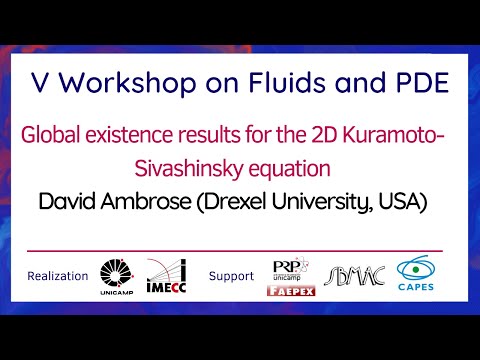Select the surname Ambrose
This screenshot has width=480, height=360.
click(x=147, y=202)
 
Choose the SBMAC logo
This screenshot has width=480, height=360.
click(x=350, y=275)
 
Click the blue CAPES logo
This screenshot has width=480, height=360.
click(x=418, y=275)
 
